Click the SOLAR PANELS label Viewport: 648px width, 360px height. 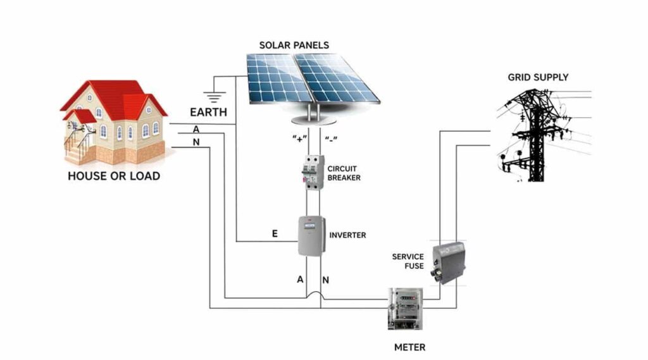[x=294, y=46]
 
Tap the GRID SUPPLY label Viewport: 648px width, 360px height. [x=538, y=77]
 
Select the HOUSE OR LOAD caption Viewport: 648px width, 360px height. [x=114, y=176]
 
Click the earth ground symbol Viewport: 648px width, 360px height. [x=218, y=97]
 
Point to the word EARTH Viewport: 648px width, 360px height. [x=209, y=113]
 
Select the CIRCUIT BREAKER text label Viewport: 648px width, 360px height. [x=344, y=173]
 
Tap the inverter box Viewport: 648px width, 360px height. [x=312, y=235]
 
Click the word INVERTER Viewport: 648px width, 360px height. [x=347, y=235]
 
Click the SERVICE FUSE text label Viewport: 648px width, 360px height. [x=408, y=261]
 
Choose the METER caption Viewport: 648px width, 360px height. [x=409, y=347]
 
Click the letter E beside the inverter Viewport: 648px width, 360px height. [x=275, y=234]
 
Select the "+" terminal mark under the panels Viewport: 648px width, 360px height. [x=297, y=139]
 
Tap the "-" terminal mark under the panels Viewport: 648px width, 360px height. [x=330, y=139]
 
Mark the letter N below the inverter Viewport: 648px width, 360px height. [x=326, y=280]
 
